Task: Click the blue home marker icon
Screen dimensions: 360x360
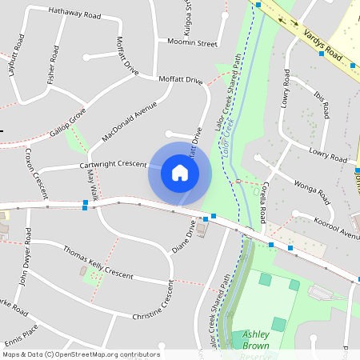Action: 180,172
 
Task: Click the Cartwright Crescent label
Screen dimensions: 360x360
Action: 113,165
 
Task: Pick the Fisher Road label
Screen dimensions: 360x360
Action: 54,64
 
